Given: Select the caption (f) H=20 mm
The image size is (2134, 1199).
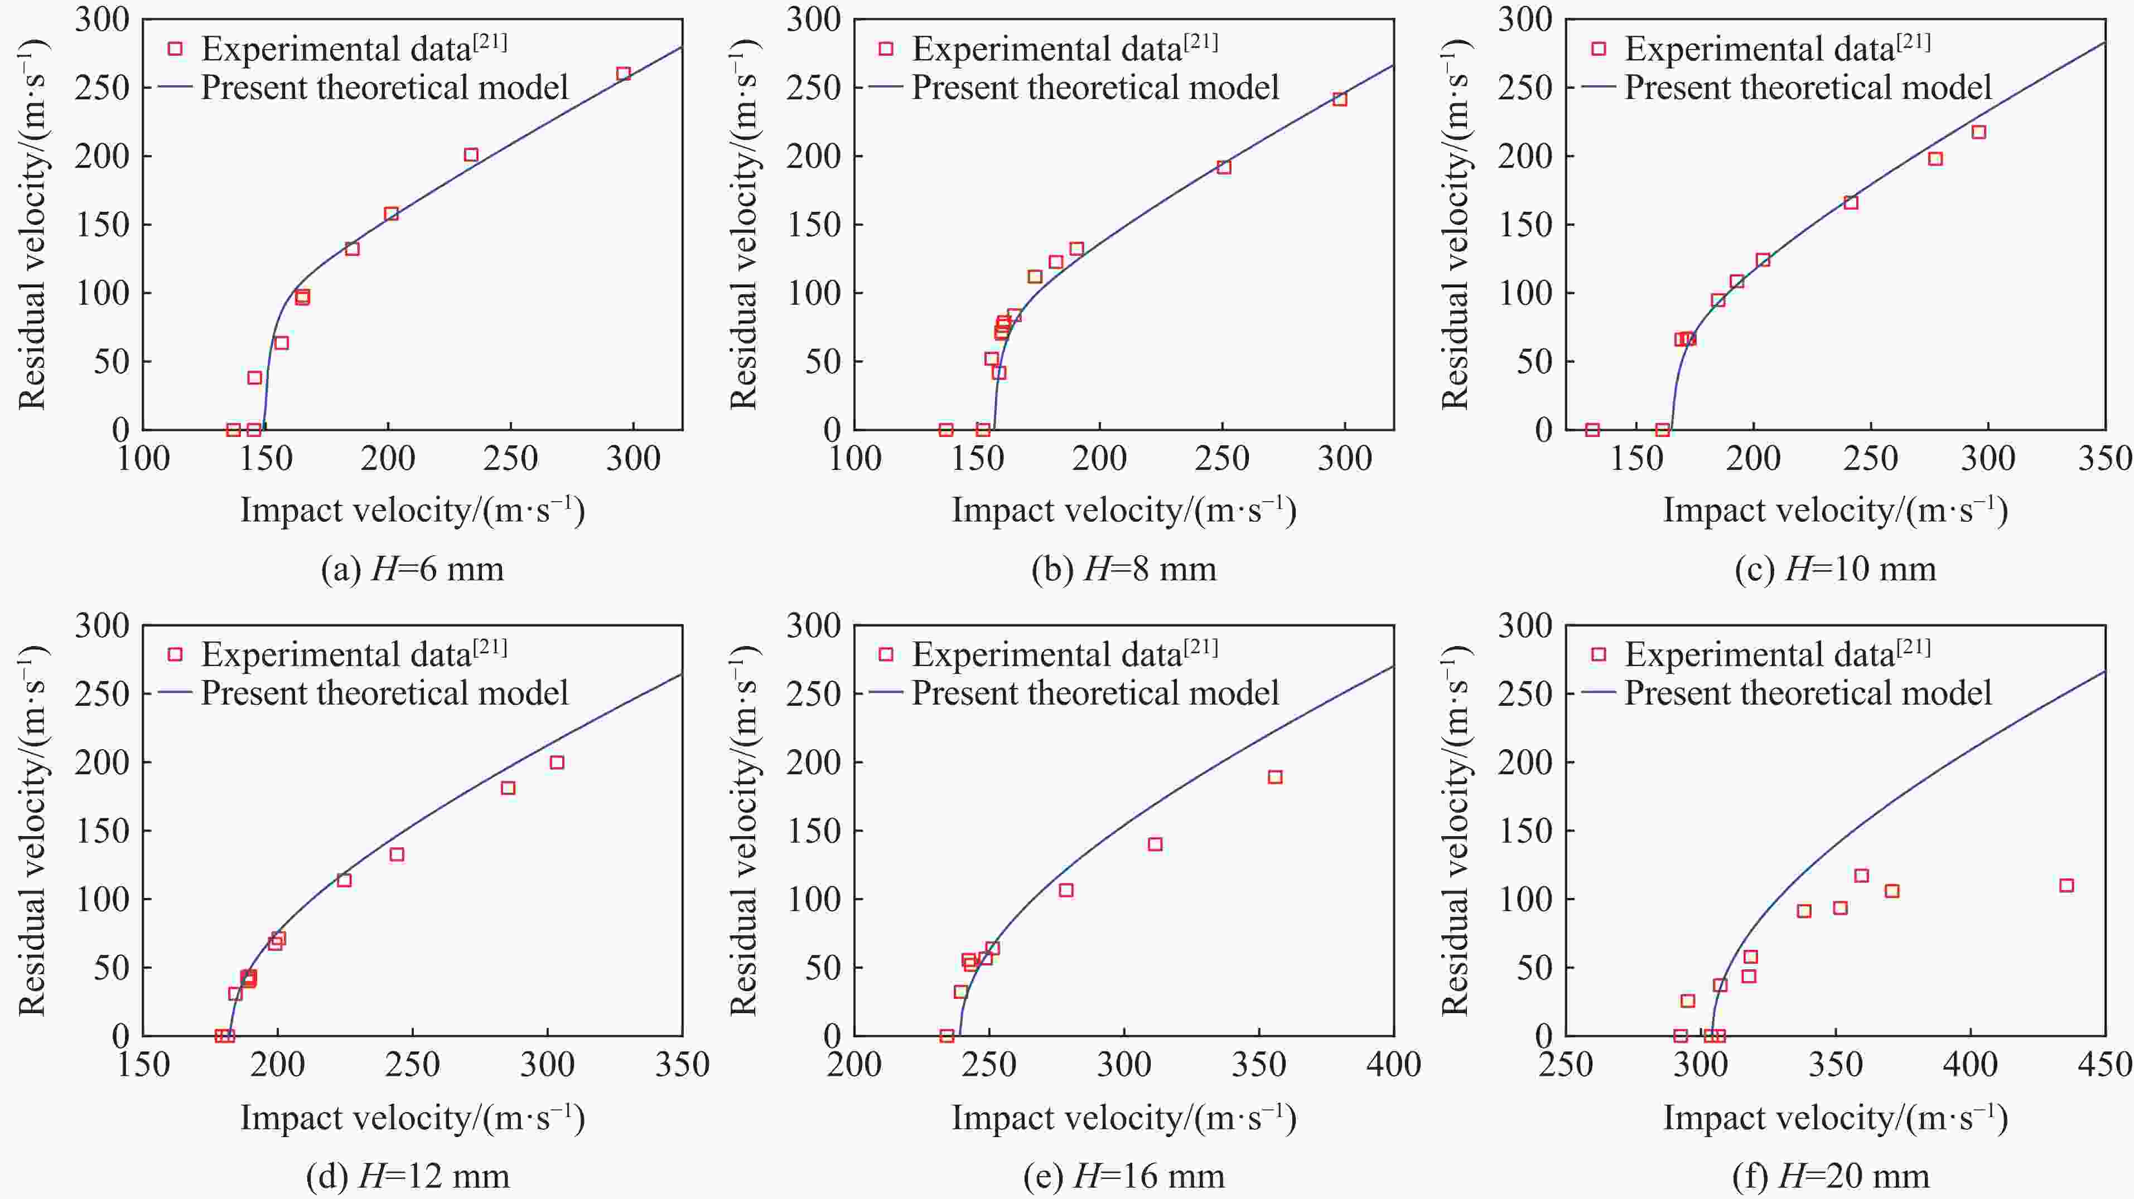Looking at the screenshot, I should pyautogui.click(x=1836, y=1176).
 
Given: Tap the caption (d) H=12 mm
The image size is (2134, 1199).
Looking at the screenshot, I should pyautogui.click(x=408, y=1176).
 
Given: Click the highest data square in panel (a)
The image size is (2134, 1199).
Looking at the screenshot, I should pyautogui.click(x=624, y=74).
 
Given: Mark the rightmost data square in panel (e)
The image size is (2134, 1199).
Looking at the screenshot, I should pyautogui.click(x=1275, y=776).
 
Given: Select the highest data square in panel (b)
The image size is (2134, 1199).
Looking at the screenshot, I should pyautogui.click(x=1340, y=99).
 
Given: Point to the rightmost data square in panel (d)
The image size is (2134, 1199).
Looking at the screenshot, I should pyautogui.click(x=557, y=763).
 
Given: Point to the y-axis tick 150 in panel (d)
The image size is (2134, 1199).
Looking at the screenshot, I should pyautogui.click(x=102, y=831).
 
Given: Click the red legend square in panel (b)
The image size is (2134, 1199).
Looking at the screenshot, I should pyautogui.click(x=886, y=49).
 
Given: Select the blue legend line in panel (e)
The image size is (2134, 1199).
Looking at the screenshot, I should pyautogui.click(x=886, y=693).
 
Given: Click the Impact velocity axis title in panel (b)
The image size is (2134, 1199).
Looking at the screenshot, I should pyautogui.click(x=1123, y=510).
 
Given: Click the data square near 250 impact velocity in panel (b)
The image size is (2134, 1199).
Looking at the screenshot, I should pyautogui.click(x=1224, y=167).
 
